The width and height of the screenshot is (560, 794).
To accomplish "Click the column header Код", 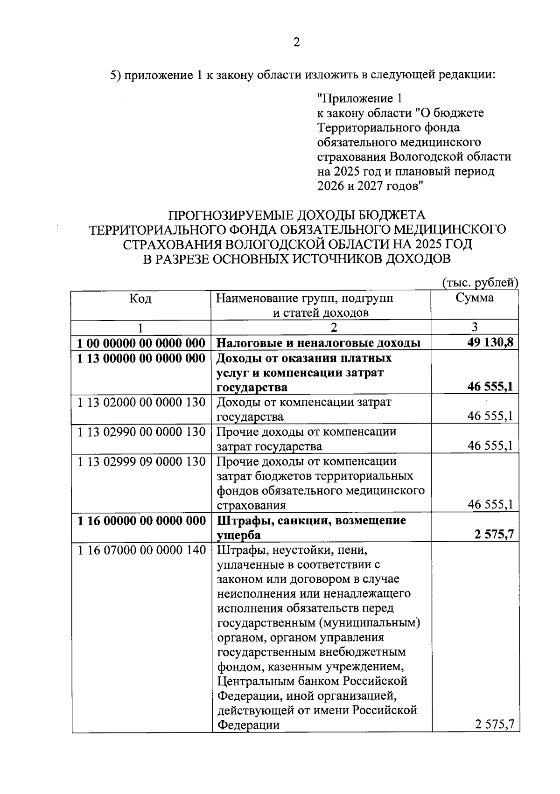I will point(140,299).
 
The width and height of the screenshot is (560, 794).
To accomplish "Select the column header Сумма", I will point(475,298).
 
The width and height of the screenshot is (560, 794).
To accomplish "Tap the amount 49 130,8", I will point(490,343).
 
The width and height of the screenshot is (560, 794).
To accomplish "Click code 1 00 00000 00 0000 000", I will point(141,344).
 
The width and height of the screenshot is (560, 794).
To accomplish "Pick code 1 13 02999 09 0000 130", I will point(141,461).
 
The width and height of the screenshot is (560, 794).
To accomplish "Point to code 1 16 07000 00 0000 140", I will point(141,550).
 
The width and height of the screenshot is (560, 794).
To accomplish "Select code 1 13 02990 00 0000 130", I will point(141,432).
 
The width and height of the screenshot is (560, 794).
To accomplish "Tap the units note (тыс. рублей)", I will point(480,283).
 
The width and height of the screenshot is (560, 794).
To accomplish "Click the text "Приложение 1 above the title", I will point(359,99).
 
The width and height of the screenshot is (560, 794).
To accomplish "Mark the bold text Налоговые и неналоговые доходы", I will point(318,344).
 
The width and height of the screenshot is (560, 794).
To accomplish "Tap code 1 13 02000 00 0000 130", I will point(141,402).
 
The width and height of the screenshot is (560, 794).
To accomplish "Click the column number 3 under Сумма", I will point(475,327).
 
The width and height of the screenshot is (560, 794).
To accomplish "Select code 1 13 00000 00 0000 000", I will point(141,358).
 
